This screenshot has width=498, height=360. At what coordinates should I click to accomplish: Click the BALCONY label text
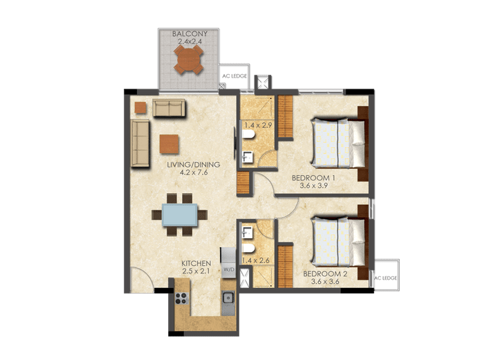(189, 33)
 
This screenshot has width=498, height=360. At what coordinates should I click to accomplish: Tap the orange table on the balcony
(189, 60)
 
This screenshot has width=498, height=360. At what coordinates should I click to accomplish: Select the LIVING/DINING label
(193, 165)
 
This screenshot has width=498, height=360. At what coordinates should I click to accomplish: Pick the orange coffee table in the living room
(169, 143)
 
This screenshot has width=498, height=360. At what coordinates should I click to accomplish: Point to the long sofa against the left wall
(140, 143)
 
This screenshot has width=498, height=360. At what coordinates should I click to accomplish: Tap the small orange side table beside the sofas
(140, 107)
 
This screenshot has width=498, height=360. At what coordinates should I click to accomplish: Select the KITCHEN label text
(196, 264)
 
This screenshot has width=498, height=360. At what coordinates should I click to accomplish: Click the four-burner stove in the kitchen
(183, 299)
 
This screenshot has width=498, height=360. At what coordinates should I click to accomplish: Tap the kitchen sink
(228, 299)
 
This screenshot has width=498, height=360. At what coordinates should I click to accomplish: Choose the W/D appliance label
(228, 269)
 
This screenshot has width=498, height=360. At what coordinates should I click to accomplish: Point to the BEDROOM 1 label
(315, 178)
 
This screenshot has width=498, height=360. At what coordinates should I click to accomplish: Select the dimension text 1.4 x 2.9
(257, 125)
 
